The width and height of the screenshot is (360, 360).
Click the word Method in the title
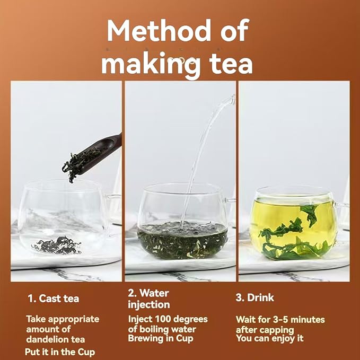tap(159, 31)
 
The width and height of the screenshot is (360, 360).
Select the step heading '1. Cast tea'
tap(53, 298)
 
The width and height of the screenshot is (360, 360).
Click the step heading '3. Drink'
tap(255, 297)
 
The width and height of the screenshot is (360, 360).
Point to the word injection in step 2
tap(149, 305)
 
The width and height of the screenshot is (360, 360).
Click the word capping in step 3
tap(278, 330)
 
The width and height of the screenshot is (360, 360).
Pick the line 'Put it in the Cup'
tap(60, 352)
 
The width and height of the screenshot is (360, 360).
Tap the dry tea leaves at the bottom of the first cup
tap(57, 245)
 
